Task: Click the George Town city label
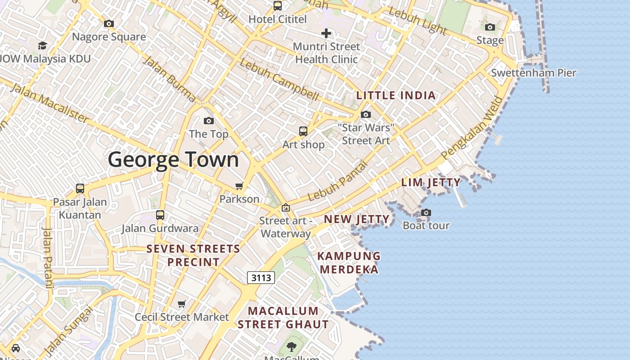click(x=173, y=160)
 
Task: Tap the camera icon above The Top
click(x=208, y=121)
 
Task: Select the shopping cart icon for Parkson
click(x=239, y=186)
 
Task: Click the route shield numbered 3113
click(x=261, y=278)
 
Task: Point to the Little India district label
click(x=396, y=95)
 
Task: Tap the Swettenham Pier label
click(x=533, y=73)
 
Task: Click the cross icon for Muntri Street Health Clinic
click(x=326, y=33)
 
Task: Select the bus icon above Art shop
click(x=303, y=131)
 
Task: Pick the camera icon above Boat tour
click(x=426, y=212)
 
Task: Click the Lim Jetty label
click(x=431, y=182)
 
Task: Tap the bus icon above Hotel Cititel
click(x=278, y=6)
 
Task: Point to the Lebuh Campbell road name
click(x=279, y=80)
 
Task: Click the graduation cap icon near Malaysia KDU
click(x=42, y=45)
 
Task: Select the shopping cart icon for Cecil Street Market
click(x=182, y=304)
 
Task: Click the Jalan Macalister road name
click(x=49, y=103)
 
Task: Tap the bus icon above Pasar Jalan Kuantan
click(x=80, y=188)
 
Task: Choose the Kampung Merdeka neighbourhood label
click(x=349, y=263)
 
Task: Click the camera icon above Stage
click(x=490, y=27)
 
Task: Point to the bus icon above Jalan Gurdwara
click(x=160, y=215)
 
